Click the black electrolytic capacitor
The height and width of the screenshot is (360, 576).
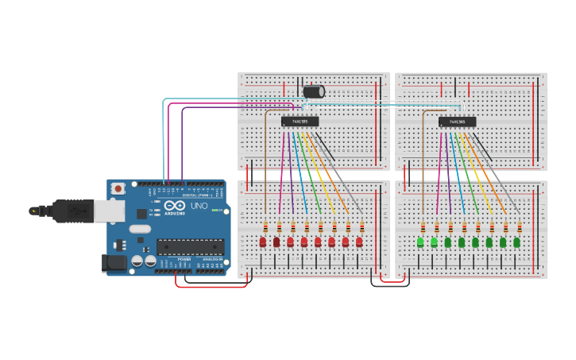pyautogui.click(x=313, y=91)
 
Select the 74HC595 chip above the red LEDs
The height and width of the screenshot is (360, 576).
pyautogui.click(x=300, y=122)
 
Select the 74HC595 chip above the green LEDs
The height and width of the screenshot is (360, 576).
pyautogui.click(x=457, y=122)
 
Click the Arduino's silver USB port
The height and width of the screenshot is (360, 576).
pyautogui.click(x=109, y=211)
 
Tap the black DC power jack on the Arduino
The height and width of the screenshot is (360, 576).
pyautogui.click(x=114, y=262)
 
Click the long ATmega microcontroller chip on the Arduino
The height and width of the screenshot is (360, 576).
pyautogui.click(x=190, y=247)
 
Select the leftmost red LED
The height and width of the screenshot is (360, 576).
pyautogui.click(x=263, y=242)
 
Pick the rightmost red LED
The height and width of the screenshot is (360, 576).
pyautogui.click(x=359, y=242)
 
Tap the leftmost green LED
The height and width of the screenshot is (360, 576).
pyautogui.click(x=420, y=242)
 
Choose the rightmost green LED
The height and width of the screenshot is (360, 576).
pyautogui.click(x=516, y=242)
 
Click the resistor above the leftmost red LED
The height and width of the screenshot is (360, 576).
pyautogui.click(x=265, y=227)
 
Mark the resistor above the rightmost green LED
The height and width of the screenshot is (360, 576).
pyautogui.click(x=520, y=227)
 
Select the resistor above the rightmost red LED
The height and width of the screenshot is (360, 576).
pyautogui.click(x=362, y=227)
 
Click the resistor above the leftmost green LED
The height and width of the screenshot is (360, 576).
pyautogui.click(x=423, y=227)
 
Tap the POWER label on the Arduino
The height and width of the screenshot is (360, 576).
pyautogui.click(x=184, y=259)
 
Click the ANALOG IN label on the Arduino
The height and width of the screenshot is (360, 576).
pyautogui.click(x=211, y=259)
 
